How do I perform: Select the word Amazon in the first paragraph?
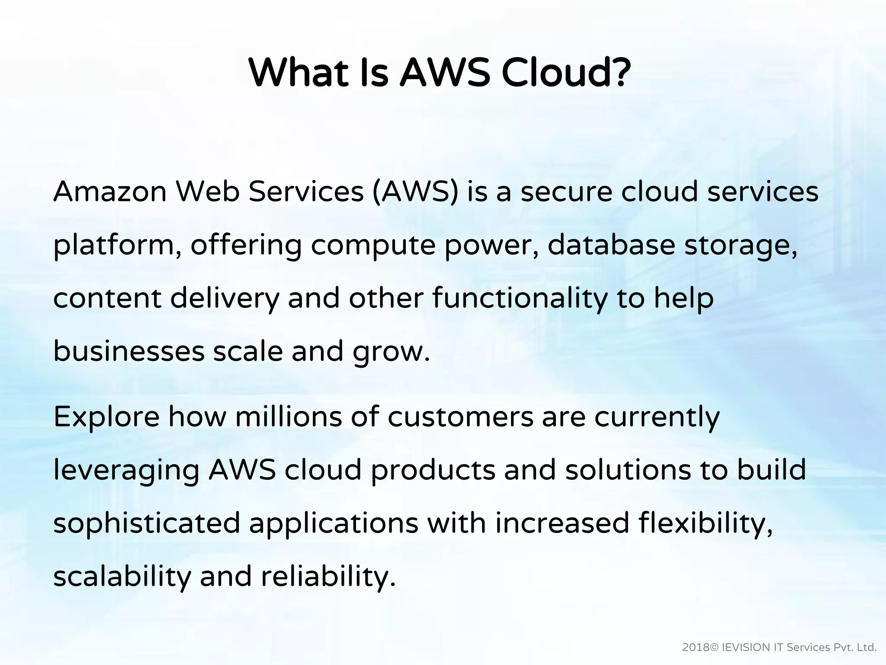tap(110, 191)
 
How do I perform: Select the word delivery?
tap(225, 299)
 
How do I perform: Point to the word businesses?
tap(128, 351)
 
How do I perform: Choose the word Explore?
tap(106, 417)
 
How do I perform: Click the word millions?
tap(288, 416)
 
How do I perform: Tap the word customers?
tap(460, 417)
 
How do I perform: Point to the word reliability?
tap(328, 577)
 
